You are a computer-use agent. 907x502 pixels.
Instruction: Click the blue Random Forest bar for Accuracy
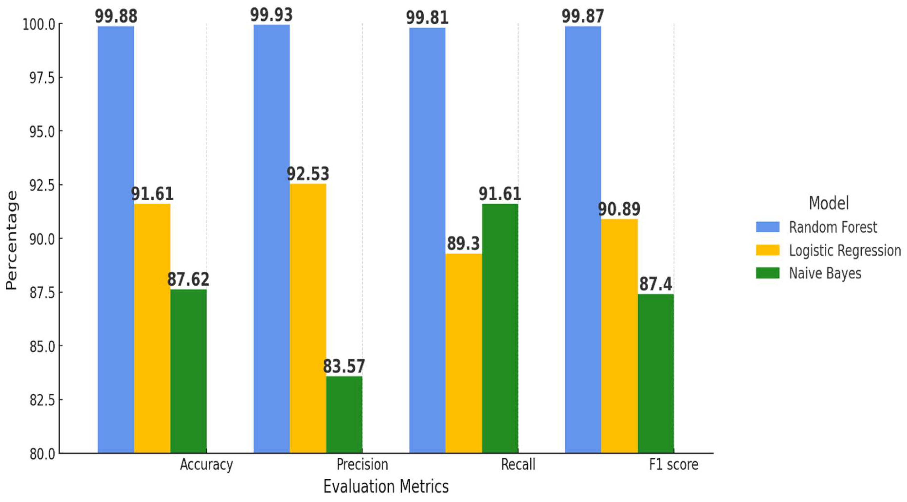click(116, 239)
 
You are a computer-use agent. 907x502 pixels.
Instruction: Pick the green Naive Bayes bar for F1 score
click(656, 373)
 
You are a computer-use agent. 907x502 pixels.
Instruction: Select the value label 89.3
click(463, 244)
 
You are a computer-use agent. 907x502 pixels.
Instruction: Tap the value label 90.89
click(619, 209)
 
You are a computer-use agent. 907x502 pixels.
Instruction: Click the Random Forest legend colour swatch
click(768, 227)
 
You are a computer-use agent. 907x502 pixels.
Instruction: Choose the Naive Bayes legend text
click(825, 273)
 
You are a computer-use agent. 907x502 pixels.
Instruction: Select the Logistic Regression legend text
click(845, 250)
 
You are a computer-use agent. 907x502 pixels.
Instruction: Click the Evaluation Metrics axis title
click(386, 486)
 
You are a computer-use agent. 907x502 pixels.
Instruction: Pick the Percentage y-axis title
click(11, 240)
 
